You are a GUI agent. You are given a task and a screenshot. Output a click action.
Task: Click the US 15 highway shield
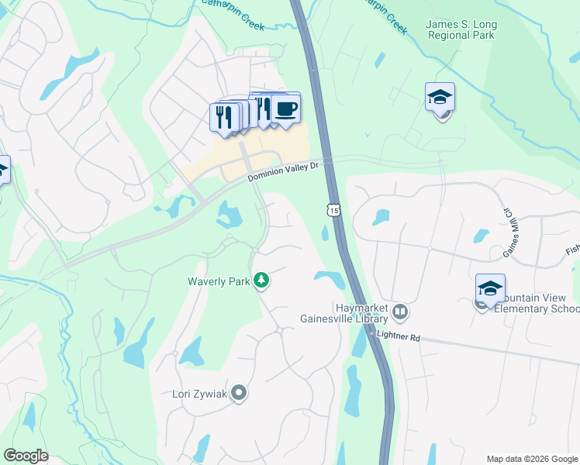pyautogui.click(x=333, y=210)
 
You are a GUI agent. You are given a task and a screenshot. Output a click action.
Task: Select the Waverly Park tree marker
pyautogui.click(x=262, y=281)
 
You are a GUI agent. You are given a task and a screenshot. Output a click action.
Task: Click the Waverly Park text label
pyautogui.click(x=219, y=281)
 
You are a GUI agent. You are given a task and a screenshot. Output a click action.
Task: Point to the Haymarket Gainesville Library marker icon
pyautogui.click(x=400, y=312)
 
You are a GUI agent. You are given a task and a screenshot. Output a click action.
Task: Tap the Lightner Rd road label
pyautogui.click(x=398, y=336)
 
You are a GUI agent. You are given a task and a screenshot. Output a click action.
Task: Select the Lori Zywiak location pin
pyautogui.click(x=239, y=393)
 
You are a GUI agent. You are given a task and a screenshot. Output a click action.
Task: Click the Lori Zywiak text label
pyautogui.click(x=199, y=394)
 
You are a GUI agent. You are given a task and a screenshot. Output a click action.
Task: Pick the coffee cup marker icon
pyautogui.click(x=285, y=108)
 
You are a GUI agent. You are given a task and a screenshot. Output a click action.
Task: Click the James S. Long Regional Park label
pyautogui.click(x=461, y=30)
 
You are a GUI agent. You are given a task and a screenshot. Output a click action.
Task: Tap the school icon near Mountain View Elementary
pyautogui.click(x=490, y=289)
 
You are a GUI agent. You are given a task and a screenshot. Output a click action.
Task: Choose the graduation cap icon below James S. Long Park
pyautogui.click(x=440, y=98)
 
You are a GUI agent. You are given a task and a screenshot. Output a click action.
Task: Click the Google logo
pyautogui.click(x=26, y=455)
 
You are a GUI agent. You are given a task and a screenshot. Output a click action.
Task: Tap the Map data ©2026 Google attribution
pyautogui.click(x=531, y=458)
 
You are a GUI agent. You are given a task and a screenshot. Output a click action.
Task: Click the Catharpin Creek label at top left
pyautogui.click(x=233, y=16)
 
